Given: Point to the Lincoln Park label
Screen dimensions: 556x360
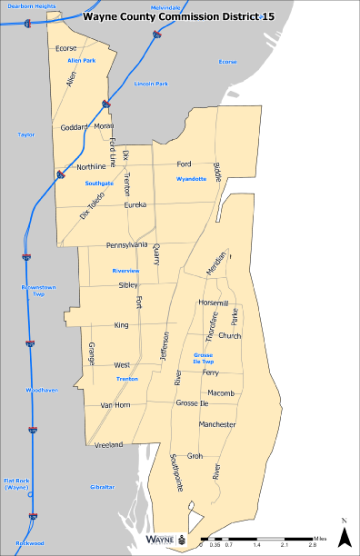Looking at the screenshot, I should click(x=151, y=84).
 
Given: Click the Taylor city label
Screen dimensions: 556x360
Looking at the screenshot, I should click(x=25, y=134).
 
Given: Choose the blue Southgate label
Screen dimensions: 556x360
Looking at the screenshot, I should click(x=98, y=183).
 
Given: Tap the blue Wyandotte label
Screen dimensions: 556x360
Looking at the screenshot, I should click(x=192, y=179).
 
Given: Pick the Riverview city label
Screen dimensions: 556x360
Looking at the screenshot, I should click(x=125, y=271).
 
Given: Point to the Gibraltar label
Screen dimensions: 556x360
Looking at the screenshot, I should click(x=103, y=487).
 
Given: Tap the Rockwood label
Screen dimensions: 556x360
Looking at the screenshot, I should click(x=30, y=543).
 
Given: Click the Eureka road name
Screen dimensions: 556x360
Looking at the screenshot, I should click(x=135, y=205).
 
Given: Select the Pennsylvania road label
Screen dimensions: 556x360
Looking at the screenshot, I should click(x=126, y=245).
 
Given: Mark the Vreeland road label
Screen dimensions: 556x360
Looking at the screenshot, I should click(x=108, y=444).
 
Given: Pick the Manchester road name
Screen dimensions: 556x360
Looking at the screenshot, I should click(x=217, y=424).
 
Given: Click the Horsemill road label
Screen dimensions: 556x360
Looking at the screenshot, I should click(x=213, y=302).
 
